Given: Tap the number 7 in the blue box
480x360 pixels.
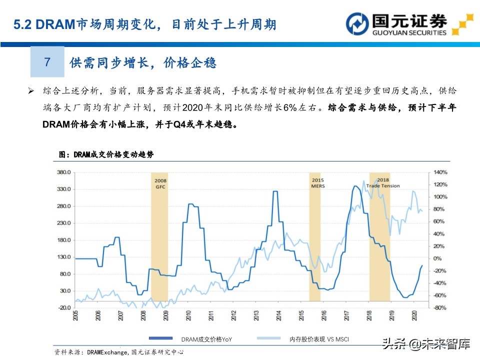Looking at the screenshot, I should [47, 62].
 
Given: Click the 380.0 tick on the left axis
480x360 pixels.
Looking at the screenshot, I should [64, 172].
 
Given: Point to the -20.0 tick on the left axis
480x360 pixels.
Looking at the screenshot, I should [65, 307].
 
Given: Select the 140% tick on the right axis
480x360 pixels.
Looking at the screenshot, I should [438, 172].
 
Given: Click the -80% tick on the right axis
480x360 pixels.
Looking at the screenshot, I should [438, 307].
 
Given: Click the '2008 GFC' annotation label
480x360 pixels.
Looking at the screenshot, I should [160, 183].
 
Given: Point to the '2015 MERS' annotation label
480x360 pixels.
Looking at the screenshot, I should [317, 183].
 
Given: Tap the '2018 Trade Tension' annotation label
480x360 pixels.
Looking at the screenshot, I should [383, 183].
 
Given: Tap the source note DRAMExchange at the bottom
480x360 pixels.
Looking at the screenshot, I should [105, 352].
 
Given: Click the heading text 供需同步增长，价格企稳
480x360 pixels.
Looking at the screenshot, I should [142, 62].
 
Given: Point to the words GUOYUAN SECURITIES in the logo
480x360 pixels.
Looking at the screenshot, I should [409, 33].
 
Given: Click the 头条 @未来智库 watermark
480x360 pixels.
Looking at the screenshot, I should [426, 344].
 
